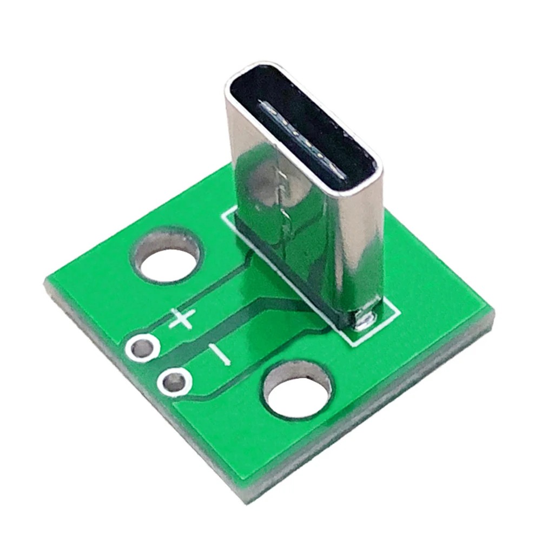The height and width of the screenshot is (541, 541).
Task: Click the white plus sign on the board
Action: (x=180, y=319)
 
